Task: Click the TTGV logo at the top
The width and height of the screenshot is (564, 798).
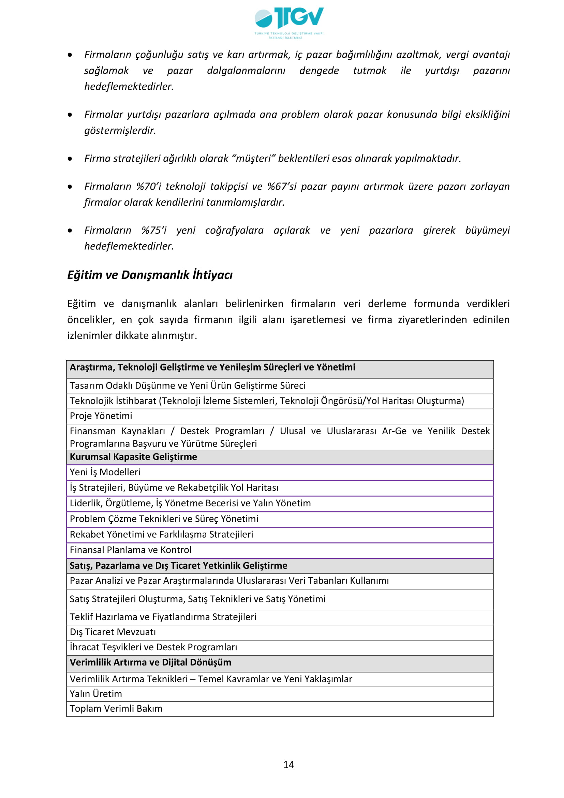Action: [x=289, y=22]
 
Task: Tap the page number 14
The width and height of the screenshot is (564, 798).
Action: [x=288, y=765]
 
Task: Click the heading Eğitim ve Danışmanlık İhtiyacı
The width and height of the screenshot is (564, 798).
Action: [x=150, y=275]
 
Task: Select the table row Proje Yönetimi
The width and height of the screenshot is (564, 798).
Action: [x=101, y=416]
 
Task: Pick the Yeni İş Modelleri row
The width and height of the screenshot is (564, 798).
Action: [x=105, y=472]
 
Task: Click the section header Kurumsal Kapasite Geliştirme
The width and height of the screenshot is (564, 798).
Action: [x=133, y=457]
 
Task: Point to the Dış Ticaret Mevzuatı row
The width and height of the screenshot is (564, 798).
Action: [x=113, y=632]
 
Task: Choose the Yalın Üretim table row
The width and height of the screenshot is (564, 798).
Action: [x=96, y=694]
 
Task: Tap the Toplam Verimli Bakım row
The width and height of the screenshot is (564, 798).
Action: [x=116, y=708]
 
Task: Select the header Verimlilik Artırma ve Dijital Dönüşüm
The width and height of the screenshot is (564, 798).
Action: [x=150, y=662]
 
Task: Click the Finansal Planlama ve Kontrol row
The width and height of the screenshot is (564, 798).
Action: [x=131, y=550]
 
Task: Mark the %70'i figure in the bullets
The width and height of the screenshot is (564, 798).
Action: [x=149, y=187]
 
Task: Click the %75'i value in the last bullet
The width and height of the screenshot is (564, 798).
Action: [x=154, y=230]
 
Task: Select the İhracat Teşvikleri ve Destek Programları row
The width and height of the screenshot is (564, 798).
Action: [x=153, y=647]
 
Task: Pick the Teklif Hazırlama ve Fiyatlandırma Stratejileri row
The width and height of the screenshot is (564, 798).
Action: [x=163, y=617]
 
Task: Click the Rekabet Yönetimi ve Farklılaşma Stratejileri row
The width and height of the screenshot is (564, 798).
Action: [x=162, y=534]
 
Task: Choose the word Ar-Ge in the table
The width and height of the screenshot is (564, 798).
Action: [x=394, y=431]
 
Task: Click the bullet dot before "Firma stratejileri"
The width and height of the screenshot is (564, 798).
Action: [x=70, y=159]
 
